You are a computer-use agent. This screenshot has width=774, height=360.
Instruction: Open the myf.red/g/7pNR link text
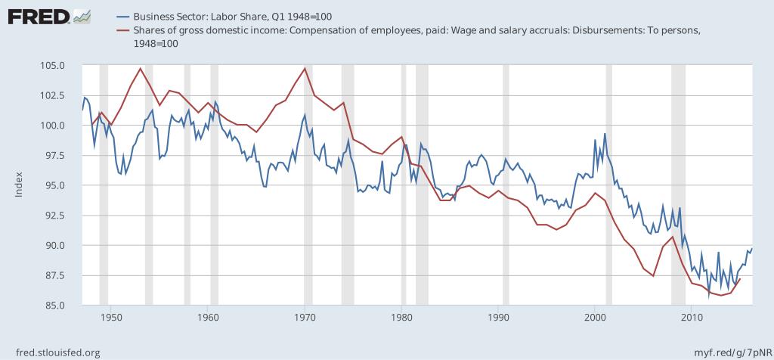point(731,352)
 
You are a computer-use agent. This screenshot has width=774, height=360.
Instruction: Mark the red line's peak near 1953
point(141,68)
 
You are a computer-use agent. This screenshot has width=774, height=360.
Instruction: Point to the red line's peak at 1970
point(305,68)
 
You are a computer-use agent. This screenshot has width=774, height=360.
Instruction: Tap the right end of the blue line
point(752,248)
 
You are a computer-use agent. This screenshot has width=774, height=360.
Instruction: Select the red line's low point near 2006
point(653,276)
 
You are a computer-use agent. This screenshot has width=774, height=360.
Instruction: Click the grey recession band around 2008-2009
point(678,185)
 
